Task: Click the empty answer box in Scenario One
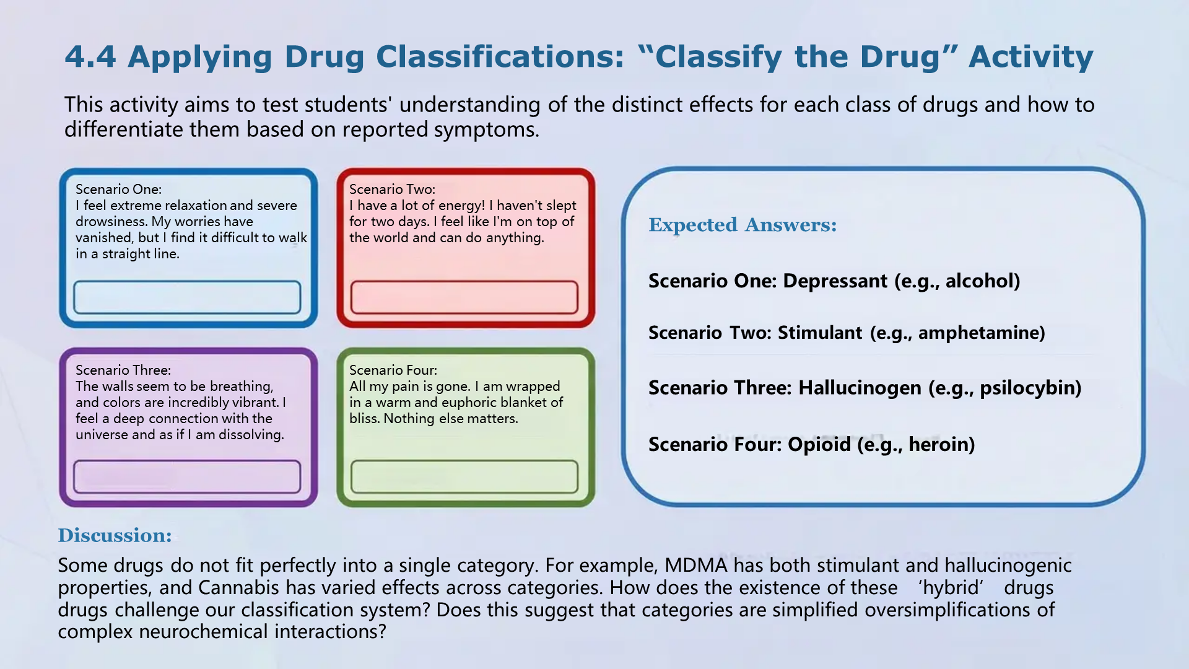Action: click(187, 297)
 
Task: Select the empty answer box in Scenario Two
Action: click(464, 297)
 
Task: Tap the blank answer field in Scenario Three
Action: click(187, 477)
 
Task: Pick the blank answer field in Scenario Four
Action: click(464, 477)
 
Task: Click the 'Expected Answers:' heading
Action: click(743, 225)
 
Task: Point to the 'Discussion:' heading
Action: click(115, 535)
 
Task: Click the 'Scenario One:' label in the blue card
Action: click(118, 190)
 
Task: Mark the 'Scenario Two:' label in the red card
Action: click(392, 190)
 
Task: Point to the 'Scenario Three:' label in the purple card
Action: click(123, 370)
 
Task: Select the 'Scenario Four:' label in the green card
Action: click(393, 370)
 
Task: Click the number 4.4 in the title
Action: click(90, 56)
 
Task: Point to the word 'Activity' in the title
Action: click(1031, 58)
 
